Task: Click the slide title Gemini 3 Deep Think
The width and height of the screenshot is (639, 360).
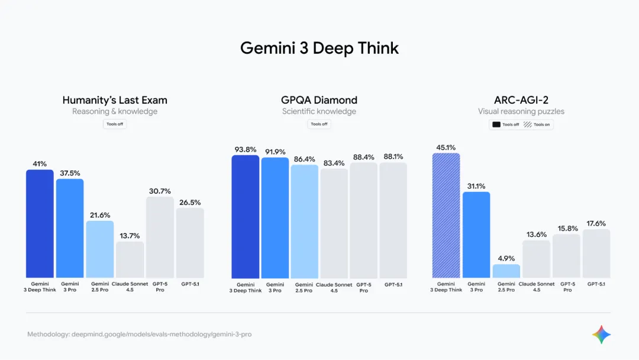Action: [319, 48]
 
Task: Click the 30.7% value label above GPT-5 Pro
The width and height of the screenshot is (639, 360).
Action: [160, 191]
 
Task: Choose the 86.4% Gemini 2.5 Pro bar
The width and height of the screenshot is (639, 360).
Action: [304, 221]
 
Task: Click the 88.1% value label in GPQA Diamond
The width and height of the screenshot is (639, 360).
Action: [393, 157]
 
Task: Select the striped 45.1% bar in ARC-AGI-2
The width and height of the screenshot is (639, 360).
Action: [446, 216]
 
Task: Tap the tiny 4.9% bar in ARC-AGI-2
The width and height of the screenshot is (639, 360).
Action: [506, 271]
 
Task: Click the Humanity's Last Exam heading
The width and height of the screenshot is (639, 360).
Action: [115, 100]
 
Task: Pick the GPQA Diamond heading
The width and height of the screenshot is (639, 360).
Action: [319, 100]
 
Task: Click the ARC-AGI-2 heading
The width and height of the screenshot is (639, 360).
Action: [521, 100]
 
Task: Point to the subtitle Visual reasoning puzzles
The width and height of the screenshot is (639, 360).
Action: [521, 111]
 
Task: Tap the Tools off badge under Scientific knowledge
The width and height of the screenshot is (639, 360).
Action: [319, 124]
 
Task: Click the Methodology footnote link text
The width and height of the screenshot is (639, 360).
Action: [139, 335]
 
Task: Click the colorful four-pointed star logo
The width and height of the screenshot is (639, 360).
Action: [601, 335]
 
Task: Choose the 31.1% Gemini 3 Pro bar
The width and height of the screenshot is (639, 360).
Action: [476, 234]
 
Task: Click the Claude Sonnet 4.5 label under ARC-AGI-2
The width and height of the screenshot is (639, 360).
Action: [537, 287]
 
